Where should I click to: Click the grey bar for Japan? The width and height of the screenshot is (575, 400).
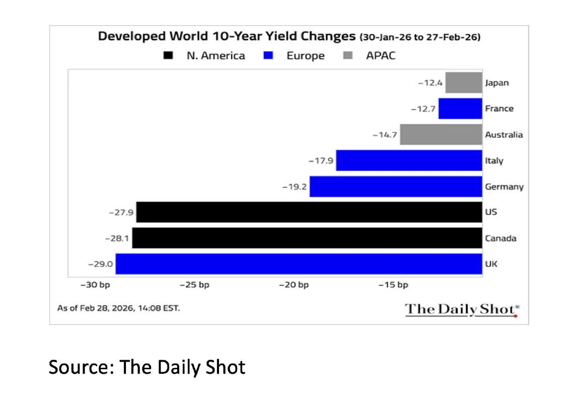463,83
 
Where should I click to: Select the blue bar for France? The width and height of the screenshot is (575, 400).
460,108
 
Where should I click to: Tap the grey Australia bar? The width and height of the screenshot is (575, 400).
441,135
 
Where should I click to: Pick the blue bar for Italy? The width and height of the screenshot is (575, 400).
409,161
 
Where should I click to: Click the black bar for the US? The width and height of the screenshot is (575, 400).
309,212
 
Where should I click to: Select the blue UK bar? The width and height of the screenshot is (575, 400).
299,264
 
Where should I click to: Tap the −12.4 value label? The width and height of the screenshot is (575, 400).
430,83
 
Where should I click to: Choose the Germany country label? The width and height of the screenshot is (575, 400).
504,187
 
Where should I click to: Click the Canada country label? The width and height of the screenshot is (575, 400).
500,238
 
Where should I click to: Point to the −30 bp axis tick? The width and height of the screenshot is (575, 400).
96,285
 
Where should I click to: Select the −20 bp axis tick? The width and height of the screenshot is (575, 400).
294,285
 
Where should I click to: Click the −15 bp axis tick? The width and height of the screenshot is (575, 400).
393,285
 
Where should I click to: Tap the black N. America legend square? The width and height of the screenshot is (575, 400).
169,55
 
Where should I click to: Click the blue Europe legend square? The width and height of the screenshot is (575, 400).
268,55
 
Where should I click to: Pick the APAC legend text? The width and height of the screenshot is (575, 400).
381,55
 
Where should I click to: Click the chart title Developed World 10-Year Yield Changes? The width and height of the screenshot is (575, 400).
226,37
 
